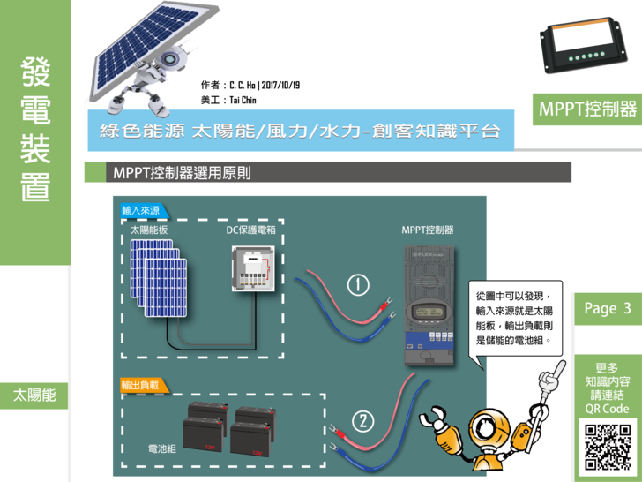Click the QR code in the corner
click(x=608, y=447)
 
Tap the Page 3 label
click(x=607, y=308)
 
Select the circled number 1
click(x=358, y=284)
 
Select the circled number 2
click(x=363, y=419)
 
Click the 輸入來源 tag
click(x=142, y=211)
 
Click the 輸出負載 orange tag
click(x=142, y=385)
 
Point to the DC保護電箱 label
click(x=251, y=230)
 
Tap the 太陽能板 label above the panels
click(x=149, y=230)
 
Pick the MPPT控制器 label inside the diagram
click(x=428, y=230)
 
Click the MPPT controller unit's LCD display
click(x=429, y=313)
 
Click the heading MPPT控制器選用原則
click(x=182, y=172)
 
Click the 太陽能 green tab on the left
click(x=34, y=395)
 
